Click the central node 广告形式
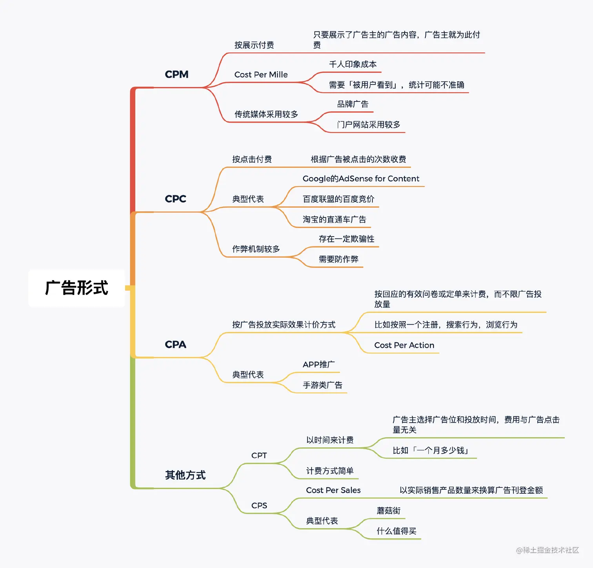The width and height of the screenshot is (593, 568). tap(76, 288)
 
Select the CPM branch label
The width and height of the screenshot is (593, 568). tap(176, 74)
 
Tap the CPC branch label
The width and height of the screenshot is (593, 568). tap(175, 199)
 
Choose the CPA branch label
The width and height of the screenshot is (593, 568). tap(175, 345)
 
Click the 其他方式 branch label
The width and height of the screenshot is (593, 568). tap(185, 475)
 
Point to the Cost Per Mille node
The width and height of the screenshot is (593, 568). tap(261, 75)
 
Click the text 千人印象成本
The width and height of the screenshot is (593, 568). tap(353, 64)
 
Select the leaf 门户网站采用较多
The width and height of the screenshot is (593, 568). tap(368, 125)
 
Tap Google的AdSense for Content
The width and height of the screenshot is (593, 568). tap(361, 179)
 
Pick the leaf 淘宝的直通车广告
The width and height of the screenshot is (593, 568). tap(334, 219)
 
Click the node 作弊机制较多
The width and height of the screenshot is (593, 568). tap(256, 249)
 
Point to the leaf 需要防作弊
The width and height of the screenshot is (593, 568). tap(338, 259)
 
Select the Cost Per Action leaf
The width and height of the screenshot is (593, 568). tap(404, 346)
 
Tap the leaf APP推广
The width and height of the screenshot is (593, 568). tap(318, 365)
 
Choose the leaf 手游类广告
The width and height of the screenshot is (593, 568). tap(322, 385)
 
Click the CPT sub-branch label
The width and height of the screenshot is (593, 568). tap(259, 456)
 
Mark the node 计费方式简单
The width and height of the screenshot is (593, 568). tap(329, 471)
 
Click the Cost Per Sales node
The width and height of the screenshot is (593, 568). tap(333, 490)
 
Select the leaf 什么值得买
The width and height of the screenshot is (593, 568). tap(396, 531)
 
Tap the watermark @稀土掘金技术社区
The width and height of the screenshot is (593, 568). tap(547, 550)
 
